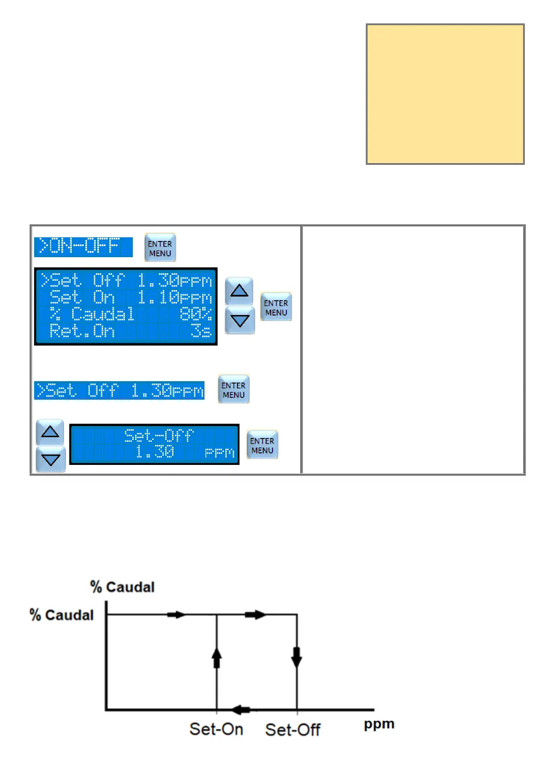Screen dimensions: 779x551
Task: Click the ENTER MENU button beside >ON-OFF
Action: pyautogui.click(x=160, y=248)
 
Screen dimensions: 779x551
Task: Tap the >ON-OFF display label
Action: pyautogui.click(x=83, y=247)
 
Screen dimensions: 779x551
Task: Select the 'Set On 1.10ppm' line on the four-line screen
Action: pyautogui.click(x=130, y=297)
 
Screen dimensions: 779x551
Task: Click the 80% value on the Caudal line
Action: pyautogui.click(x=195, y=314)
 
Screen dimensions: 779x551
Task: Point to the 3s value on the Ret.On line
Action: pyautogui.click(x=201, y=331)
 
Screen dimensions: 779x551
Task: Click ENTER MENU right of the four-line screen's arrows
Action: pyautogui.click(x=276, y=307)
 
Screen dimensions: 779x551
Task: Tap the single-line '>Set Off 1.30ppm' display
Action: pyautogui.click(x=119, y=390)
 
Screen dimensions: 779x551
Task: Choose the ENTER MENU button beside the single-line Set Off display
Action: pyautogui.click(x=234, y=389)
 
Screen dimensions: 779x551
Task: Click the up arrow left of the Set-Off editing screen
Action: pyautogui.click(x=50, y=432)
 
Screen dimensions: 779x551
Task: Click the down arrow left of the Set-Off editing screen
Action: pyautogui.click(x=50, y=459)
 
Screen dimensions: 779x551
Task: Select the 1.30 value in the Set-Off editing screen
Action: pyautogui.click(x=155, y=451)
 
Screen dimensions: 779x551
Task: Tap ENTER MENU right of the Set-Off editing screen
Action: pyautogui.click(x=262, y=445)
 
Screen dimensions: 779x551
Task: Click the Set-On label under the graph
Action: pyautogui.click(x=216, y=729)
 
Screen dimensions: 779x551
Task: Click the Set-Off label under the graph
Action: pyautogui.click(x=292, y=730)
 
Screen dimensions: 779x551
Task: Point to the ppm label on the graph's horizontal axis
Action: pyautogui.click(x=379, y=724)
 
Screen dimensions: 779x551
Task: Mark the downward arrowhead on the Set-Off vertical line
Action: pyautogui.click(x=297, y=657)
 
